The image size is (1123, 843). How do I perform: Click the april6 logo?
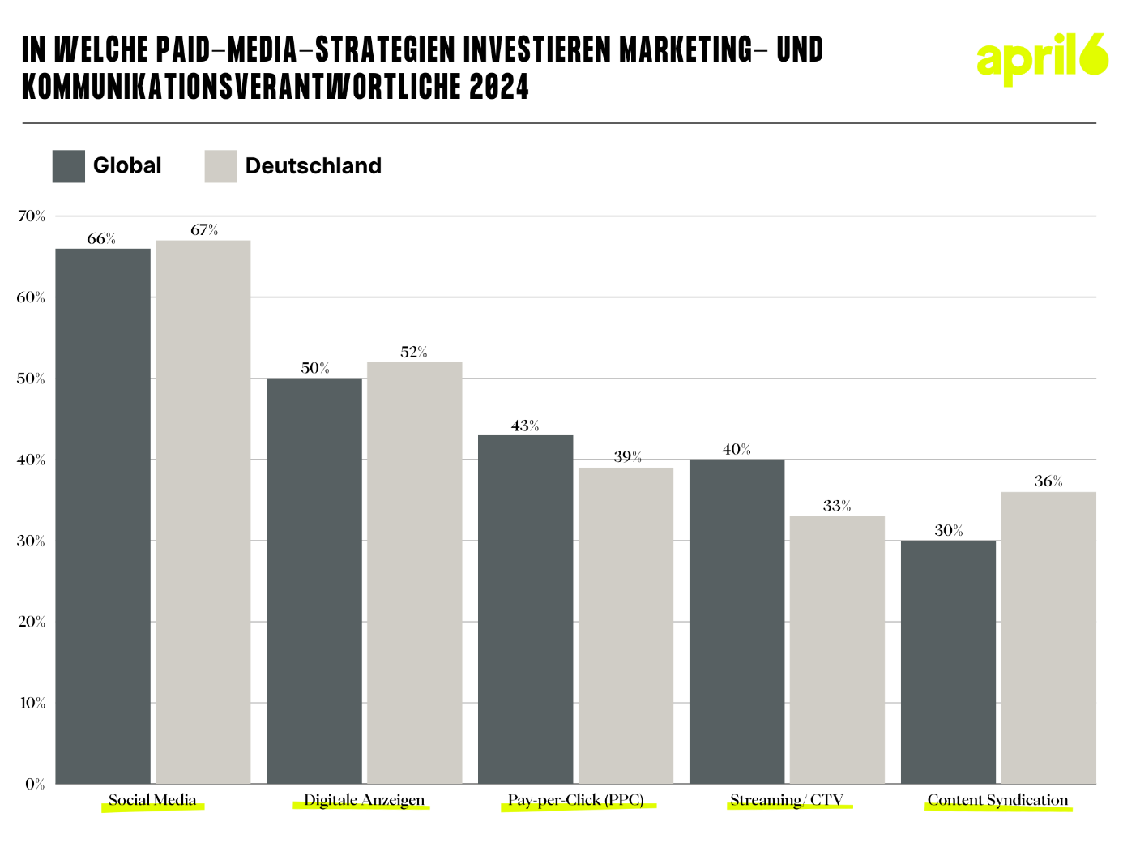(x=1042, y=58)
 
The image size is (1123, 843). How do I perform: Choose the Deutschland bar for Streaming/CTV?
(x=837, y=649)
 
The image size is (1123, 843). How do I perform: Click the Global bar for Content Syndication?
(x=948, y=661)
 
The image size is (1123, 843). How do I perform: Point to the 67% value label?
(x=204, y=230)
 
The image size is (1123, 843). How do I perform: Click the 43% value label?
(x=525, y=426)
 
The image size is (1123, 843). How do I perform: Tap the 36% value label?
(x=1048, y=481)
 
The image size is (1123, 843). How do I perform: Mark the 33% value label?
(x=837, y=506)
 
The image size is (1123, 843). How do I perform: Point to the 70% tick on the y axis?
(x=32, y=216)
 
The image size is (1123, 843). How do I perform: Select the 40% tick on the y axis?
(x=32, y=460)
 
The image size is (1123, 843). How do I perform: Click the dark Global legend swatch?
(x=68, y=166)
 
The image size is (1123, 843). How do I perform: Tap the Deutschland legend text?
(x=313, y=166)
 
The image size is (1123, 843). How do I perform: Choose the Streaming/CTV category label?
(x=787, y=800)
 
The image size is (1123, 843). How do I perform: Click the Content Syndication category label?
(x=997, y=800)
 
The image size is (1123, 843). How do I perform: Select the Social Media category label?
(x=152, y=800)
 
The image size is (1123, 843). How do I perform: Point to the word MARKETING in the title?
(x=686, y=50)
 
